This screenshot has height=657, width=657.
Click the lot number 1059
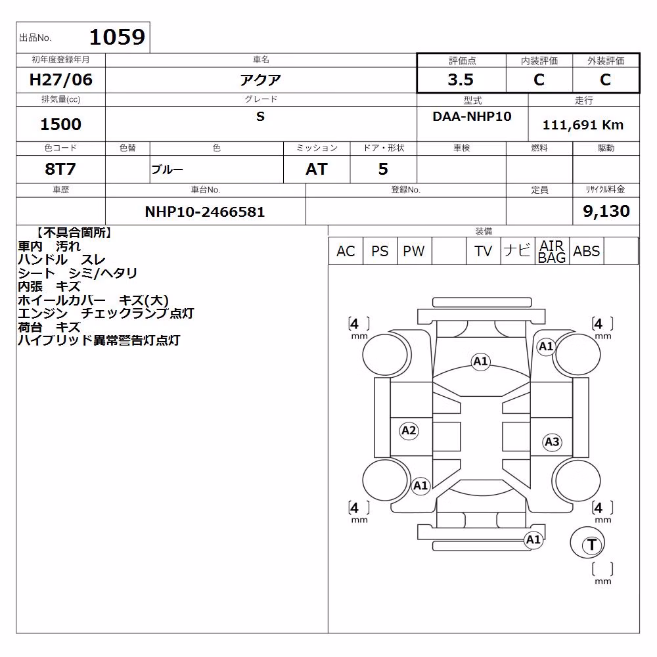(x=118, y=37)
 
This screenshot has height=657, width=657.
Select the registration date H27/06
(x=60, y=79)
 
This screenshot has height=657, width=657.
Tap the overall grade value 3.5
(x=461, y=79)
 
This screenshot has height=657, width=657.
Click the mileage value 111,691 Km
(x=583, y=125)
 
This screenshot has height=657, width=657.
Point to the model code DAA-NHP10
(x=472, y=116)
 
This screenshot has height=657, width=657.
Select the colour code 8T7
(x=60, y=169)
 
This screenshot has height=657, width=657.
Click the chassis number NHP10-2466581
(x=205, y=212)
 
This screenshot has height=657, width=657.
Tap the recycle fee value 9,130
(x=606, y=211)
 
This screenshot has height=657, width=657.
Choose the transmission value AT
(x=317, y=170)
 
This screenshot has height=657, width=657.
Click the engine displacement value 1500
(x=60, y=124)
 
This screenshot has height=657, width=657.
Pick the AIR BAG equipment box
(x=552, y=251)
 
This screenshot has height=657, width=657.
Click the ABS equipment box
(x=586, y=251)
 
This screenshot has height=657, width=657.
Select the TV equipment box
(x=483, y=251)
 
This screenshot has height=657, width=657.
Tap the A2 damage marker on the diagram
(x=409, y=430)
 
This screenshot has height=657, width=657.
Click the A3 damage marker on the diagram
(x=552, y=442)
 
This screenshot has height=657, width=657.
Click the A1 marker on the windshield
(x=480, y=361)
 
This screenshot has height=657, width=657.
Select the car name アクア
(x=260, y=79)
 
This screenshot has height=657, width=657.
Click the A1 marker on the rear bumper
(x=533, y=539)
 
